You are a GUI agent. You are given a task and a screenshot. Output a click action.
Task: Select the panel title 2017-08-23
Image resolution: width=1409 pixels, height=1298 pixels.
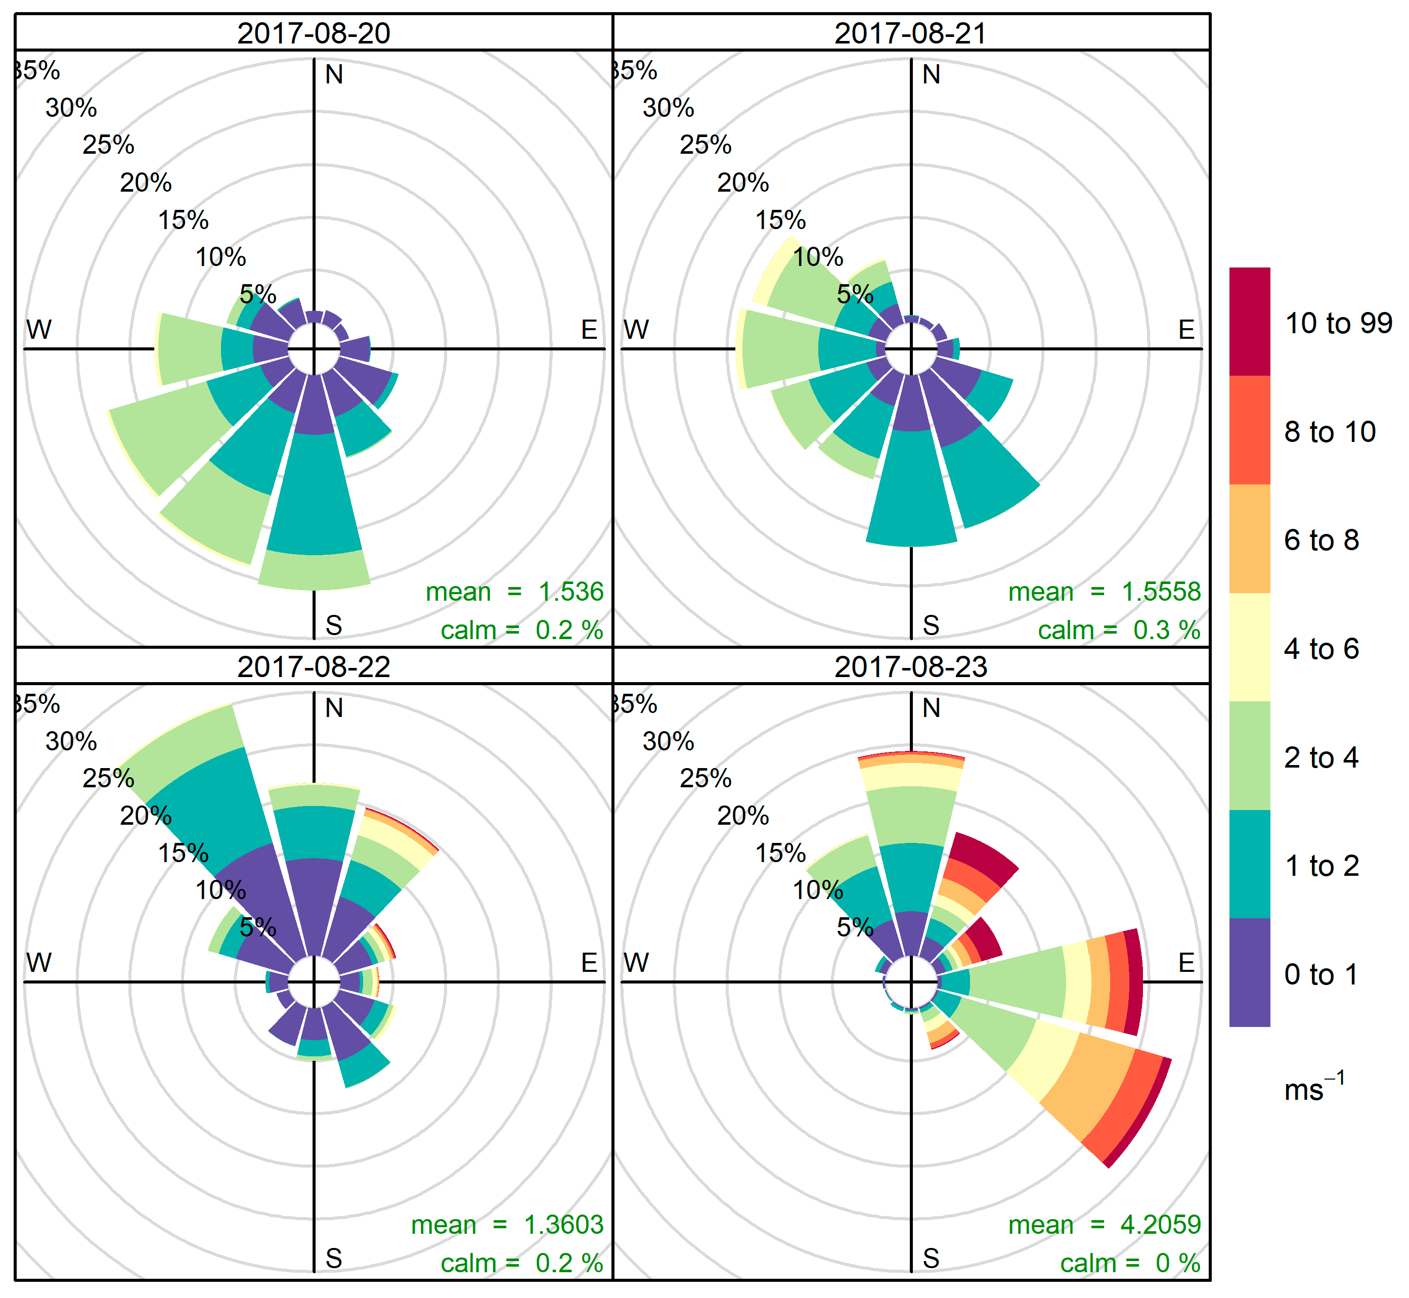pyautogui.click(x=910, y=666)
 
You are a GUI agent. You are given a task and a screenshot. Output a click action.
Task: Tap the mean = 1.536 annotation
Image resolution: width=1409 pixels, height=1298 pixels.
pyautogui.click(x=514, y=592)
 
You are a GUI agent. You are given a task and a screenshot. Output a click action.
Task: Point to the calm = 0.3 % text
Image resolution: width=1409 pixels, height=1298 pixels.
pyautogui.click(x=1118, y=630)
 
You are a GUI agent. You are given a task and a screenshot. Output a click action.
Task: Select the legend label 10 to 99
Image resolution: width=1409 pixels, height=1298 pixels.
pyautogui.click(x=1338, y=323)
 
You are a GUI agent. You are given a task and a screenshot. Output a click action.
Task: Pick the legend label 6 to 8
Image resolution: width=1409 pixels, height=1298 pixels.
pyautogui.click(x=1321, y=540)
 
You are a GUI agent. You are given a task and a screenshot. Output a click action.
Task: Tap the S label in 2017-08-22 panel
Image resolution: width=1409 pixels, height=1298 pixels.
pyautogui.click(x=334, y=1258)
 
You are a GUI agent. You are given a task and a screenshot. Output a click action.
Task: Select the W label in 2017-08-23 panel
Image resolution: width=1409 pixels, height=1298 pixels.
pyautogui.click(x=636, y=962)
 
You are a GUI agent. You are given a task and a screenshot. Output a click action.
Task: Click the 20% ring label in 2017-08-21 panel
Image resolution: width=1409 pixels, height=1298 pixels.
pyautogui.click(x=742, y=183)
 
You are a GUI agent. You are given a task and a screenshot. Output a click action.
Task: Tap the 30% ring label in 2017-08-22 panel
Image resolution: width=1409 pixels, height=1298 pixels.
pyautogui.click(x=71, y=741)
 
